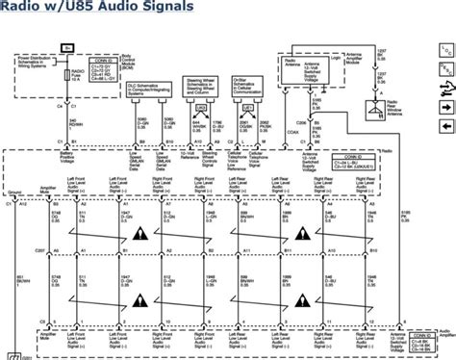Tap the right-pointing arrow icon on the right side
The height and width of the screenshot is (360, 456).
(445, 108)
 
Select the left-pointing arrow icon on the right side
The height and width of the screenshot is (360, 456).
(445, 127)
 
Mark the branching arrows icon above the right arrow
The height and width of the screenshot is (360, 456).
(445, 88)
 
